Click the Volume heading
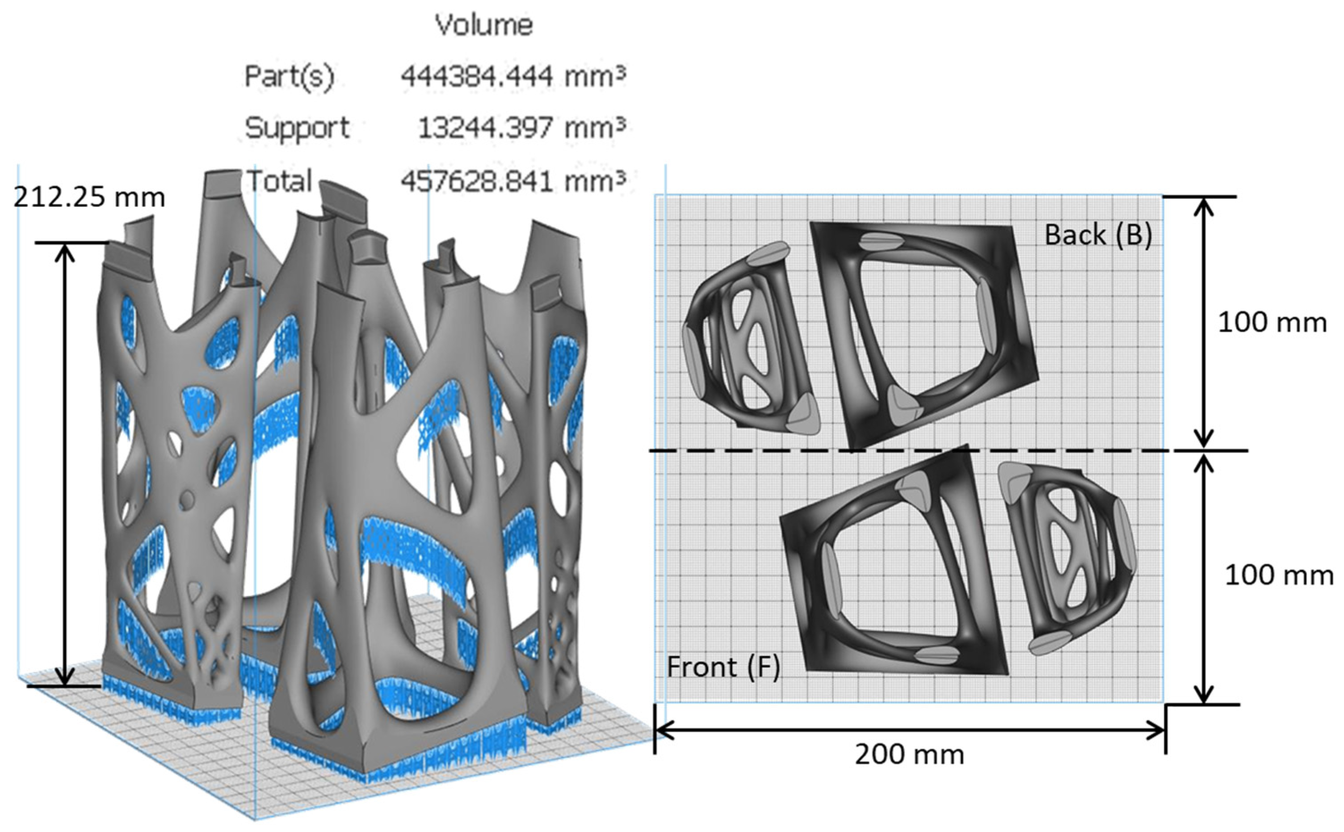tap(483, 25)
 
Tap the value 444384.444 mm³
tap(513, 76)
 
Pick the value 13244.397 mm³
tap(521, 128)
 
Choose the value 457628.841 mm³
tap(513, 181)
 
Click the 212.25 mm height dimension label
tap(89, 197)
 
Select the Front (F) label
tap(723, 668)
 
